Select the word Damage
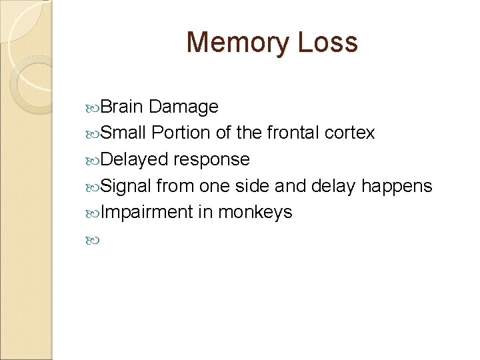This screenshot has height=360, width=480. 184,107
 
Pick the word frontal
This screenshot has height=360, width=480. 293,133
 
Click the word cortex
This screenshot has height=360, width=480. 350,133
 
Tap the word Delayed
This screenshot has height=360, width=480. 136,160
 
